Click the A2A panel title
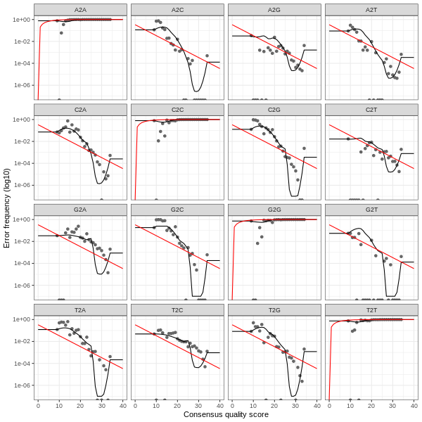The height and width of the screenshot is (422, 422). (x=80, y=10)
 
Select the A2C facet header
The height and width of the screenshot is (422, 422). (x=177, y=10)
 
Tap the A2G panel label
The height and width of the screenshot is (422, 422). (x=274, y=10)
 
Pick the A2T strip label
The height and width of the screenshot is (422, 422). (x=371, y=10)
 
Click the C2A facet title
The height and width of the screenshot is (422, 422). (x=80, y=110)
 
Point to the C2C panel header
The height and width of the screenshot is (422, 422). (x=177, y=110)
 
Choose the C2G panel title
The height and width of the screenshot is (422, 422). (x=274, y=110)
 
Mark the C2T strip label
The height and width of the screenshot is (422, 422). (x=371, y=110)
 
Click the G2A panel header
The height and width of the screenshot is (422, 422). (x=80, y=210)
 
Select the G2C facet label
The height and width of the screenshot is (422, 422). (x=177, y=210)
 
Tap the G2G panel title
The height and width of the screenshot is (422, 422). (x=274, y=210)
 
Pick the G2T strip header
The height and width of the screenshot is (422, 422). (x=371, y=210)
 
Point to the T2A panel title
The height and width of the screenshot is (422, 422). (x=80, y=309)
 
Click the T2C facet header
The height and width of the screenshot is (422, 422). (x=177, y=309)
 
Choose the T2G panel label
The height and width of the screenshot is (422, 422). (x=274, y=309)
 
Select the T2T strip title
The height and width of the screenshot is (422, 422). (x=371, y=309)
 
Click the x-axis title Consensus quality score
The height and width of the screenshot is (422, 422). (x=226, y=415)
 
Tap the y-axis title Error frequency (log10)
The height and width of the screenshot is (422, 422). (x=7, y=207)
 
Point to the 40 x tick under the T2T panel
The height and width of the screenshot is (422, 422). (x=414, y=405)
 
